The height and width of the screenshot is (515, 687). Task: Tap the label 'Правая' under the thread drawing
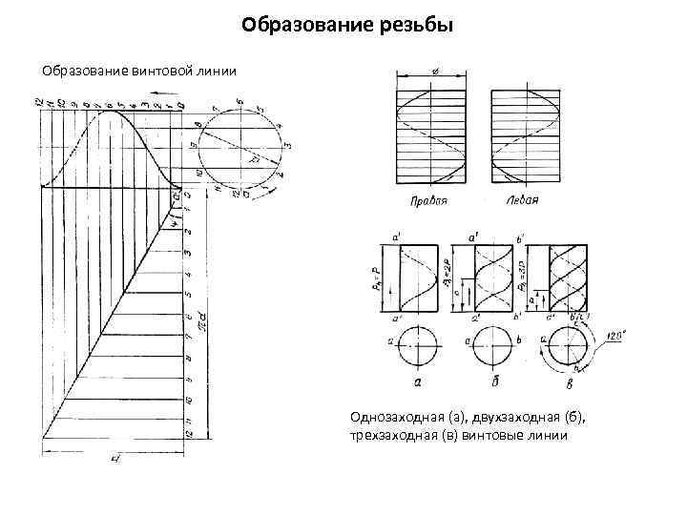click(428, 201)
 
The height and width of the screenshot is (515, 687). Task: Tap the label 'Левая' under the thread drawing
click(522, 200)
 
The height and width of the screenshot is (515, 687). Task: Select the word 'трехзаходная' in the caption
click(387, 436)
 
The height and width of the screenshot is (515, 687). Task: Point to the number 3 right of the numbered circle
click(289, 142)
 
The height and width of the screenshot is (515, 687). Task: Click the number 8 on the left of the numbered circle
click(198, 125)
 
